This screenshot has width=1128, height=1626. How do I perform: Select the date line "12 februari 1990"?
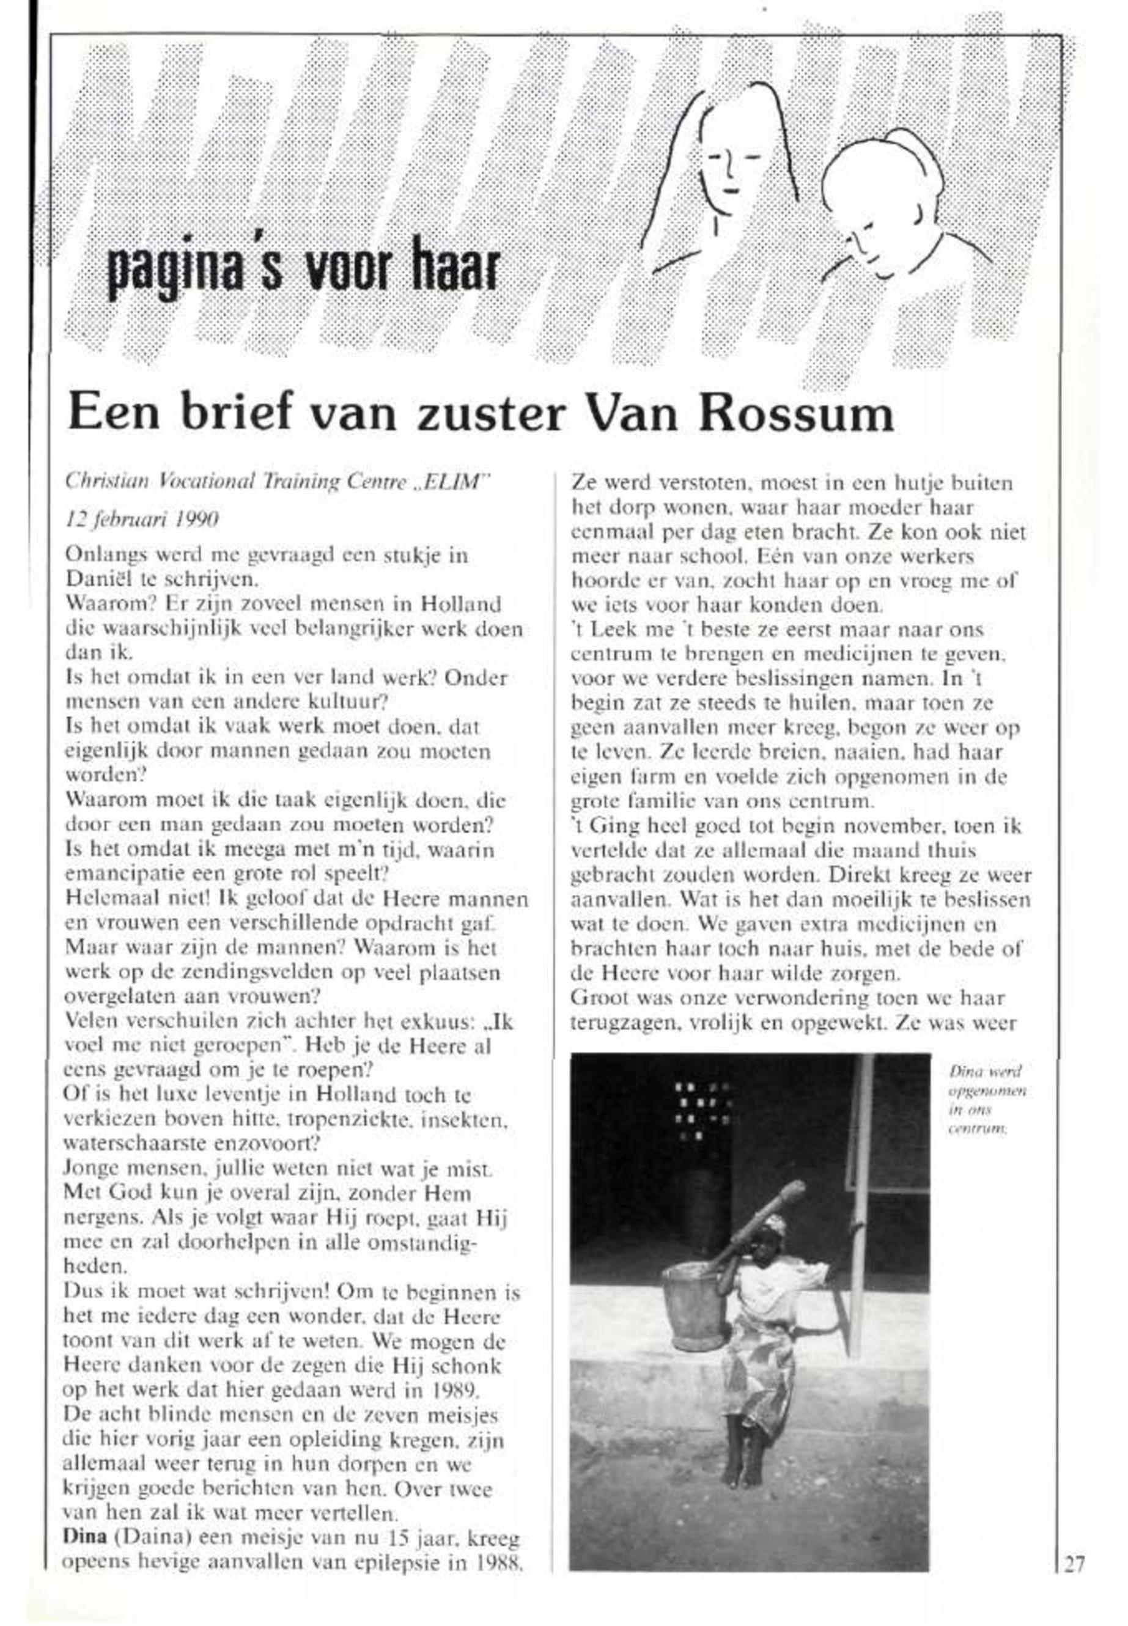point(141,520)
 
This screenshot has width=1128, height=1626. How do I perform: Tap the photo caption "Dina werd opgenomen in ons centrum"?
point(987,1100)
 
